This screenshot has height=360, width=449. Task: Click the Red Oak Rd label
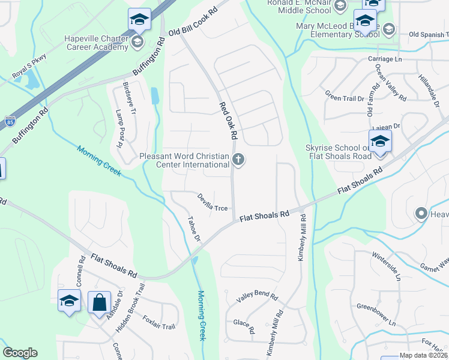[x=228, y=120]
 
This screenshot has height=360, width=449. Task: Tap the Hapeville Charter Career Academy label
[x=97, y=41]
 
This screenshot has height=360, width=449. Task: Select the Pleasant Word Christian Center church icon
[x=238, y=160]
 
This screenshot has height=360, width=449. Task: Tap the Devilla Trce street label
[x=213, y=202]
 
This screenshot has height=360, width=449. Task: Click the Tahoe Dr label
[x=193, y=229]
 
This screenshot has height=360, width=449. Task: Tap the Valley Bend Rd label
[x=258, y=297]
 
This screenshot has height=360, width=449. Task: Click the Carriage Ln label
[x=385, y=59]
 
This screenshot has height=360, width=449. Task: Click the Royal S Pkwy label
[x=29, y=66]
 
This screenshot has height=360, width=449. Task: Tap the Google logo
[x=20, y=353]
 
